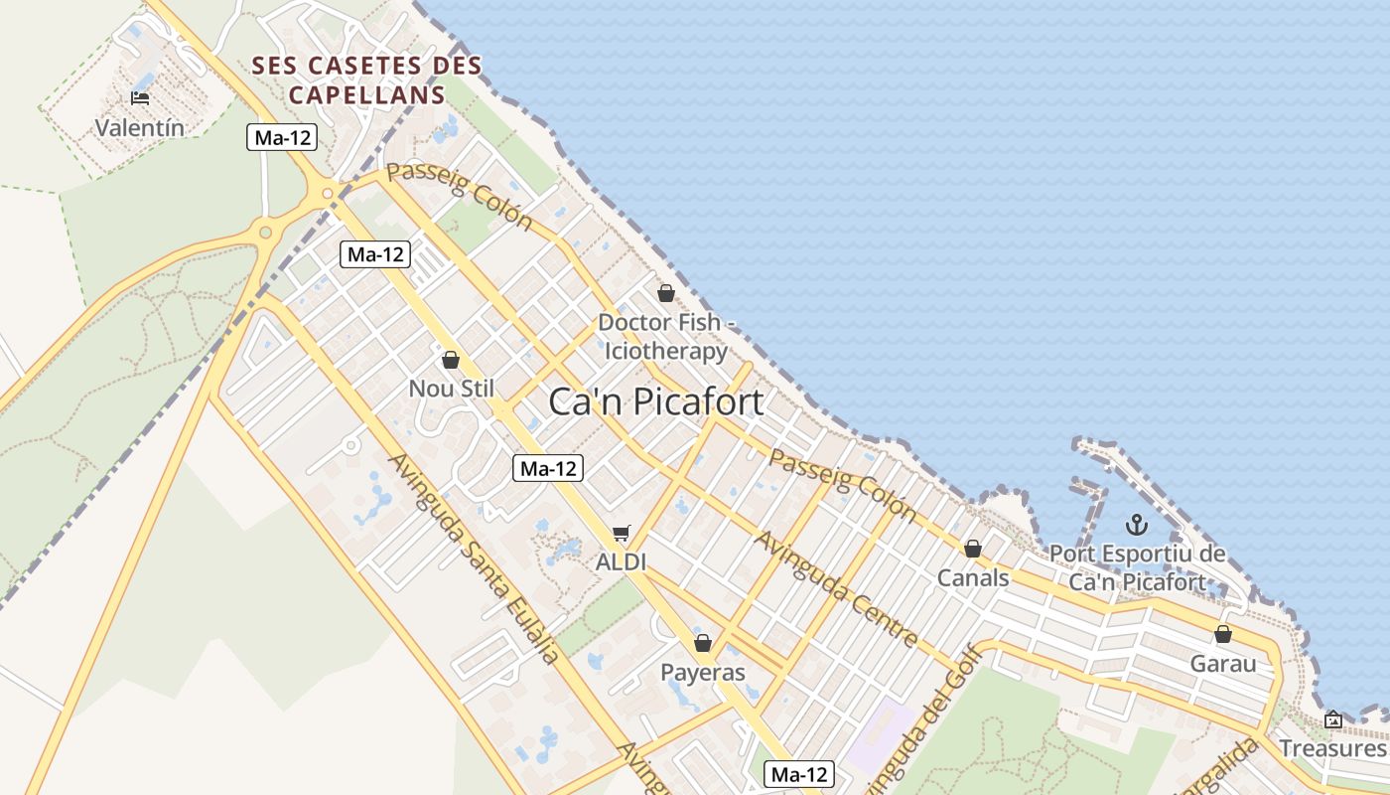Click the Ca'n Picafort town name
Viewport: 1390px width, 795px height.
(x=656, y=401)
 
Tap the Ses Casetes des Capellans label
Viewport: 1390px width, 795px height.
(x=366, y=80)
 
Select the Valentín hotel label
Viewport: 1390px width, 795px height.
(x=140, y=127)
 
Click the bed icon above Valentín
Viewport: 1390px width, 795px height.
(x=140, y=97)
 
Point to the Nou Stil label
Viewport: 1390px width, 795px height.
(x=451, y=389)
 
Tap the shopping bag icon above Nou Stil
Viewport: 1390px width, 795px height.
(x=451, y=360)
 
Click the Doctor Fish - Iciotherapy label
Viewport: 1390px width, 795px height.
(x=666, y=337)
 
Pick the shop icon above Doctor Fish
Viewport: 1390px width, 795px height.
(x=666, y=293)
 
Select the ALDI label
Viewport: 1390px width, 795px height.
(x=621, y=562)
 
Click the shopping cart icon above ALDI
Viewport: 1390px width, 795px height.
(x=622, y=534)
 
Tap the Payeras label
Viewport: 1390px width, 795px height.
(x=703, y=673)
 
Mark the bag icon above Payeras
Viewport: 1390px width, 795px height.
(x=703, y=643)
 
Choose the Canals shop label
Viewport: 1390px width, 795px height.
(x=973, y=578)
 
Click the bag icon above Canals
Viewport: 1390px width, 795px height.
(x=973, y=549)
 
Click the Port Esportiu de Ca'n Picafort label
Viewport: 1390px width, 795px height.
(x=1138, y=568)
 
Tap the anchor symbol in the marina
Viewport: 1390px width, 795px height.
(x=1138, y=525)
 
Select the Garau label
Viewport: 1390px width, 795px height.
(x=1223, y=664)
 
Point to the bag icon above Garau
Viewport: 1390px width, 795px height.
(x=1223, y=634)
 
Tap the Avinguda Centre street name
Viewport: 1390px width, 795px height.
(x=836, y=588)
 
